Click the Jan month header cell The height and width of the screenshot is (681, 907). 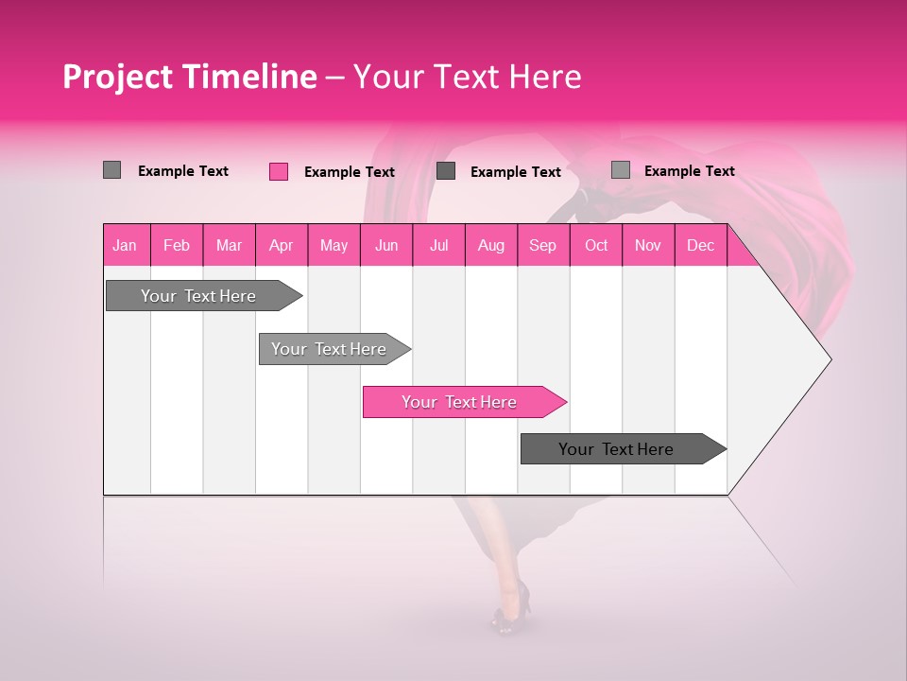pyautogui.click(x=125, y=245)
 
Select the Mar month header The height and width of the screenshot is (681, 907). pyautogui.click(x=229, y=245)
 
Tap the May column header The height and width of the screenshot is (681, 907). pyautogui.click(x=334, y=245)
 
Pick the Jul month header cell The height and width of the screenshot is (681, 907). pyautogui.click(x=438, y=245)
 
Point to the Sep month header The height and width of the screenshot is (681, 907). pyautogui.click(x=542, y=245)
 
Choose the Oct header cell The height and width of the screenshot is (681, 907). pyautogui.click(x=596, y=245)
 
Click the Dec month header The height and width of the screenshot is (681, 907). pyautogui.click(x=700, y=245)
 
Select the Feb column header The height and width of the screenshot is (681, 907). pyautogui.click(x=177, y=245)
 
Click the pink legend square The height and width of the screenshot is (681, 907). pyautogui.click(x=279, y=171)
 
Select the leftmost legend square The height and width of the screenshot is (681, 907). pyautogui.click(x=111, y=170)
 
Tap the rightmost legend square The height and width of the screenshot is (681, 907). pyautogui.click(x=620, y=170)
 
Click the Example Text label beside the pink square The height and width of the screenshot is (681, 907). pyautogui.click(x=349, y=172)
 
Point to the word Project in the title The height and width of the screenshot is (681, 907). pyautogui.click(x=118, y=77)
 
